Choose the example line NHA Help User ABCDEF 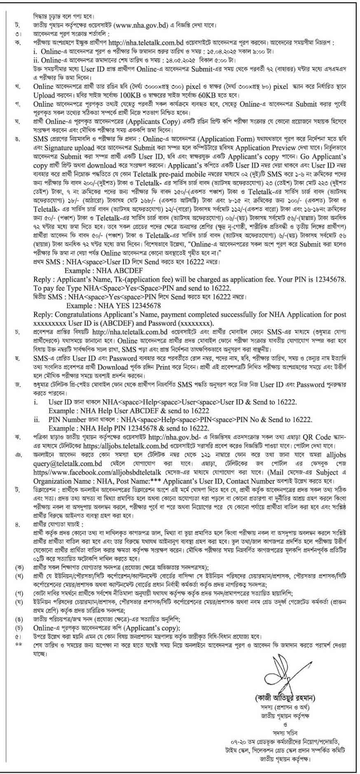[129, 410]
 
